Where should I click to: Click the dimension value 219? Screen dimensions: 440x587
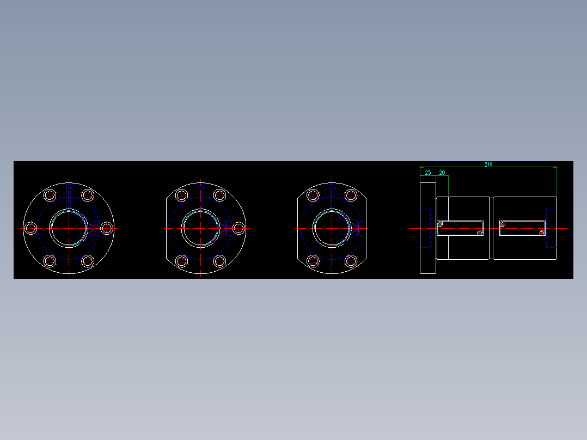pyautogui.click(x=488, y=164)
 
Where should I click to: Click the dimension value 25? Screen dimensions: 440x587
pyautogui.click(x=428, y=173)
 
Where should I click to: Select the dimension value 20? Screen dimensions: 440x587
pyautogui.click(x=442, y=173)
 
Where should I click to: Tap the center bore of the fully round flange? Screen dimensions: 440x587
pyautogui.click(x=69, y=228)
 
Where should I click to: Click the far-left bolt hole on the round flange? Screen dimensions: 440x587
pyautogui.click(x=30, y=228)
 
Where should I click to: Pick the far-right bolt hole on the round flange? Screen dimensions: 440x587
pyautogui.click(x=107, y=228)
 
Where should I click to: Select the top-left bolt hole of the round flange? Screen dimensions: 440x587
pyautogui.click(x=50, y=195)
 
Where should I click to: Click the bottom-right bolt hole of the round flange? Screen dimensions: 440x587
pyautogui.click(x=88, y=261)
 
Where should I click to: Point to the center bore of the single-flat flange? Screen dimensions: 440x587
pyautogui.click(x=200, y=228)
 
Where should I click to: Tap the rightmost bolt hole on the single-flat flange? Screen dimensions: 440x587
pyautogui.click(x=239, y=228)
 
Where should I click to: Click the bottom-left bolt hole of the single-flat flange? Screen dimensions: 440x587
pyautogui.click(x=181, y=261)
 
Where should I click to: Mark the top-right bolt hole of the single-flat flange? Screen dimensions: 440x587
pyautogui.click(x=219, y=195)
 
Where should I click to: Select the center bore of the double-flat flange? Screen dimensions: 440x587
pyautogui.click(x=332, y=228)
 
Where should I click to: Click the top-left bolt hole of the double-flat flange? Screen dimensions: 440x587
pyautogui.click(x=313, y=195)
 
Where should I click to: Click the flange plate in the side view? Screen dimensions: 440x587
pyautogui.click(x=427, y=228)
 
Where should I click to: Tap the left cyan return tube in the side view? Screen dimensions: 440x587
pyautogui.click(x=461, y=228)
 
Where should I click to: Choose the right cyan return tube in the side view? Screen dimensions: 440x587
pyautogui.click(x=522, y=228)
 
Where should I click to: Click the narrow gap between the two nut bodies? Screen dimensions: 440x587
pyautogui.click(x=491, y=228)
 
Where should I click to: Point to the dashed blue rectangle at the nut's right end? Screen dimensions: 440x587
pyautogui.click(x=552, y=228)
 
